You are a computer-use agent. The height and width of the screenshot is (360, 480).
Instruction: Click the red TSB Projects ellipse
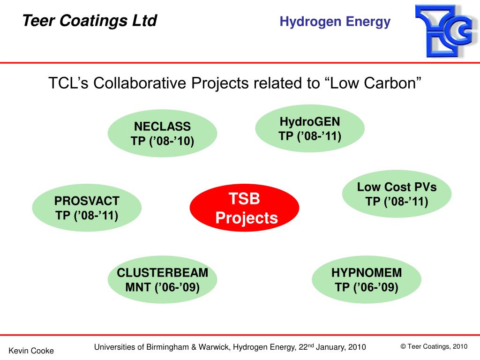pyautogui.click(x=244, y=208)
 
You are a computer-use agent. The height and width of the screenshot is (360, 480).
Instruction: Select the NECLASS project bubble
pyautogui.click(x=162, y=134)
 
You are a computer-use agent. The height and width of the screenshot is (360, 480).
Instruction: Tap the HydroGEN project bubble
pyautogui.click(x=310, y=128)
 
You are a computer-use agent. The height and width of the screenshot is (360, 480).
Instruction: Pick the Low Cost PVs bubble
pyautogui.click(x=397, y=194)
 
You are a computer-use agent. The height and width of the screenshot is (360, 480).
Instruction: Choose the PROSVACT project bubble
pyautogui.click(x=87, y=208)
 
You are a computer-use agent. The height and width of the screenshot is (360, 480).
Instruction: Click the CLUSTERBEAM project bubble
pyautogui.click(x=162, y=279)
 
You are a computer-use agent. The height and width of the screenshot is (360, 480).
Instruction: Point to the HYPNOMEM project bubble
pyautogui.click(x=367, y=279)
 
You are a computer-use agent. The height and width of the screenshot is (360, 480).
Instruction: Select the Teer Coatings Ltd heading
pyautogui.click(x=90, y=21)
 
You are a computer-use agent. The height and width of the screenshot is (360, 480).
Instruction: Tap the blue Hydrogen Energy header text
pyautogui.click(x=335, y=22)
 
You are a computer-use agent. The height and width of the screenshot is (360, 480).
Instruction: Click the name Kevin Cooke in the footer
pyautogui.click(x=31, y=351)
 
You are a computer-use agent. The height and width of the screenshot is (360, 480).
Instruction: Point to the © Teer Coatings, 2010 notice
pyautogui.click(x=434, y=346)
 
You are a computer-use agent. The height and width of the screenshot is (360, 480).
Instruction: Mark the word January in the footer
pyautogui.click(x=331, y=347)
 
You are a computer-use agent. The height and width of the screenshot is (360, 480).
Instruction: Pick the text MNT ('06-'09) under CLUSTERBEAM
pyautogui.click(x=162, y=287)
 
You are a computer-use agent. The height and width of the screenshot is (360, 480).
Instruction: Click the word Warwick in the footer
pyautogui.click(x=214, y=347)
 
